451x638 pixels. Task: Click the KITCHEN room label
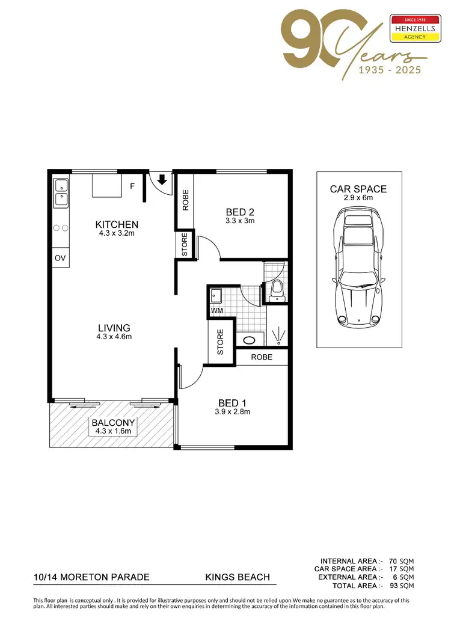(117, 224)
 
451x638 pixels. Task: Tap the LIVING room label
(114, 328)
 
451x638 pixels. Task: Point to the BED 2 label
(241, 212)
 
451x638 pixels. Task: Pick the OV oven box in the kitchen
(60, 258)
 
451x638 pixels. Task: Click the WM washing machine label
(216, 310)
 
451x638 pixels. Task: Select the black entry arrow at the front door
(162, 179)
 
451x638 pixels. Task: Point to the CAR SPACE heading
(358, 189)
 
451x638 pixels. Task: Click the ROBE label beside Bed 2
(185, 200)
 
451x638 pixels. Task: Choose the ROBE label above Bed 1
(262, 357)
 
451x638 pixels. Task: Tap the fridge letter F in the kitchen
(132, 186)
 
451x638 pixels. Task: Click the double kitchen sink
(61, 191)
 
